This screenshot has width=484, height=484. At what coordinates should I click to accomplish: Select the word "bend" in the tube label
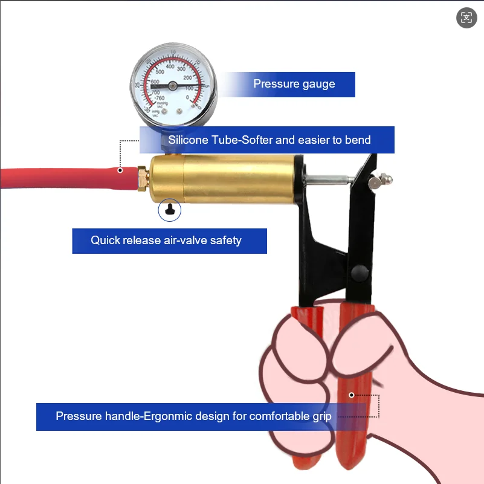[358, 140]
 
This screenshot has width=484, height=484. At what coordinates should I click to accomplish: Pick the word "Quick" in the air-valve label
[105, 240]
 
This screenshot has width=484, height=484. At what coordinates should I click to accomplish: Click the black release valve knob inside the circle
[170, 210]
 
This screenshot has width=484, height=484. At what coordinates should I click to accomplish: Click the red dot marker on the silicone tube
[120, 170]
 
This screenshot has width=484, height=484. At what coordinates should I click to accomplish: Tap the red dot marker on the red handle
[352, 395]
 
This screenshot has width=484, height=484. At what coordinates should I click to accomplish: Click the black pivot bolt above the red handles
[361, 271]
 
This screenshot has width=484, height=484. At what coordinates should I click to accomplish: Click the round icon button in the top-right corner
[466, 18]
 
